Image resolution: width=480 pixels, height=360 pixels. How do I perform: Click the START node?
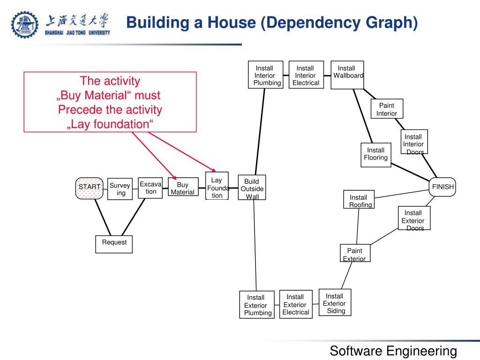click(x=89, y=187)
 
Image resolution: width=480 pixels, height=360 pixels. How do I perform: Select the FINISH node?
click(x=442, y=187)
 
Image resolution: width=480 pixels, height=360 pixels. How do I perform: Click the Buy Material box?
click(x=182, y=188)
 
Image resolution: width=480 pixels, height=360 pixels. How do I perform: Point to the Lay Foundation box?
click(x=217, y=186)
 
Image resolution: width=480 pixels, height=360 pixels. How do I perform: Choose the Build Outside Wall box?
click(x=252, y=188)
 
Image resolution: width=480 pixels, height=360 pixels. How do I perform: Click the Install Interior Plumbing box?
click(x=265, y=75)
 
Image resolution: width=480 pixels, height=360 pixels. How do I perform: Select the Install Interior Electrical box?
click(x=306, y=75)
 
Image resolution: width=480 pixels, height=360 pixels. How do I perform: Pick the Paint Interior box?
click(x=387, y=109)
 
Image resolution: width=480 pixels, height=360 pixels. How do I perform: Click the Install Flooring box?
click(x=375, y=154)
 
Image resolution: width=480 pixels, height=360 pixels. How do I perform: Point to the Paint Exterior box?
click(x=354, y=254)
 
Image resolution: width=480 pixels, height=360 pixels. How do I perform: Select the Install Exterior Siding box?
click(x=335, y=302)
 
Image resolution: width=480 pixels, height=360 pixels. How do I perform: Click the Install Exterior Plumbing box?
click(x=256, y=305)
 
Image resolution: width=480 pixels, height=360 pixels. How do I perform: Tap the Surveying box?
click(x=120, y=188)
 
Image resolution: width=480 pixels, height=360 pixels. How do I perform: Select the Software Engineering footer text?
click(x=393, y=350)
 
